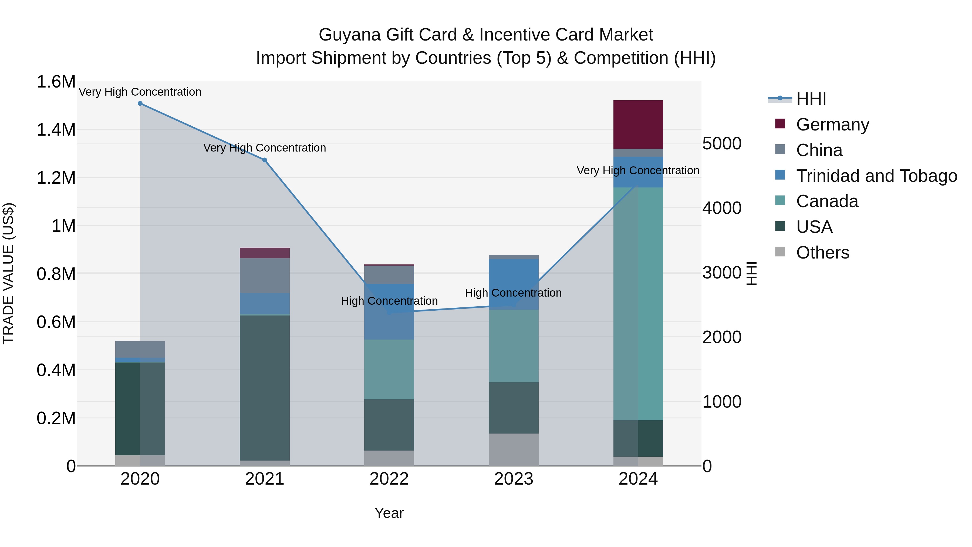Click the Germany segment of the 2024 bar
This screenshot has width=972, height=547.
[x=638, y=124]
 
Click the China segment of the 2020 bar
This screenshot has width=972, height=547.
[x=140, y=349]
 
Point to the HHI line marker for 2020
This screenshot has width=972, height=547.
[x=140, y=103]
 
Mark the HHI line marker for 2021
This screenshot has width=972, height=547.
[x=265, y=160]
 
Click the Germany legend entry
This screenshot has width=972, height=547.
[x=832, y=125]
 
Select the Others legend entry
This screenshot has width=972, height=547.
[x=823, y=253]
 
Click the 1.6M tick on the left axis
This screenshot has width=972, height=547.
[x=56, y=82]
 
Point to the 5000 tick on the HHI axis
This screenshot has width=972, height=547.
[x=722, y=143]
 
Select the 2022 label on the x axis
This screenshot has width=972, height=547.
[x=389, y=479]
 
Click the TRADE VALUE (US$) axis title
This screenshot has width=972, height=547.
[x=8, y=273]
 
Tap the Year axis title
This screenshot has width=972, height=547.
[x=389, y=513]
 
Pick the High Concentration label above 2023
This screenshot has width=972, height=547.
[x=513, y=293]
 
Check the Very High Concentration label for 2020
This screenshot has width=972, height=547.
[x=140, y=92]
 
